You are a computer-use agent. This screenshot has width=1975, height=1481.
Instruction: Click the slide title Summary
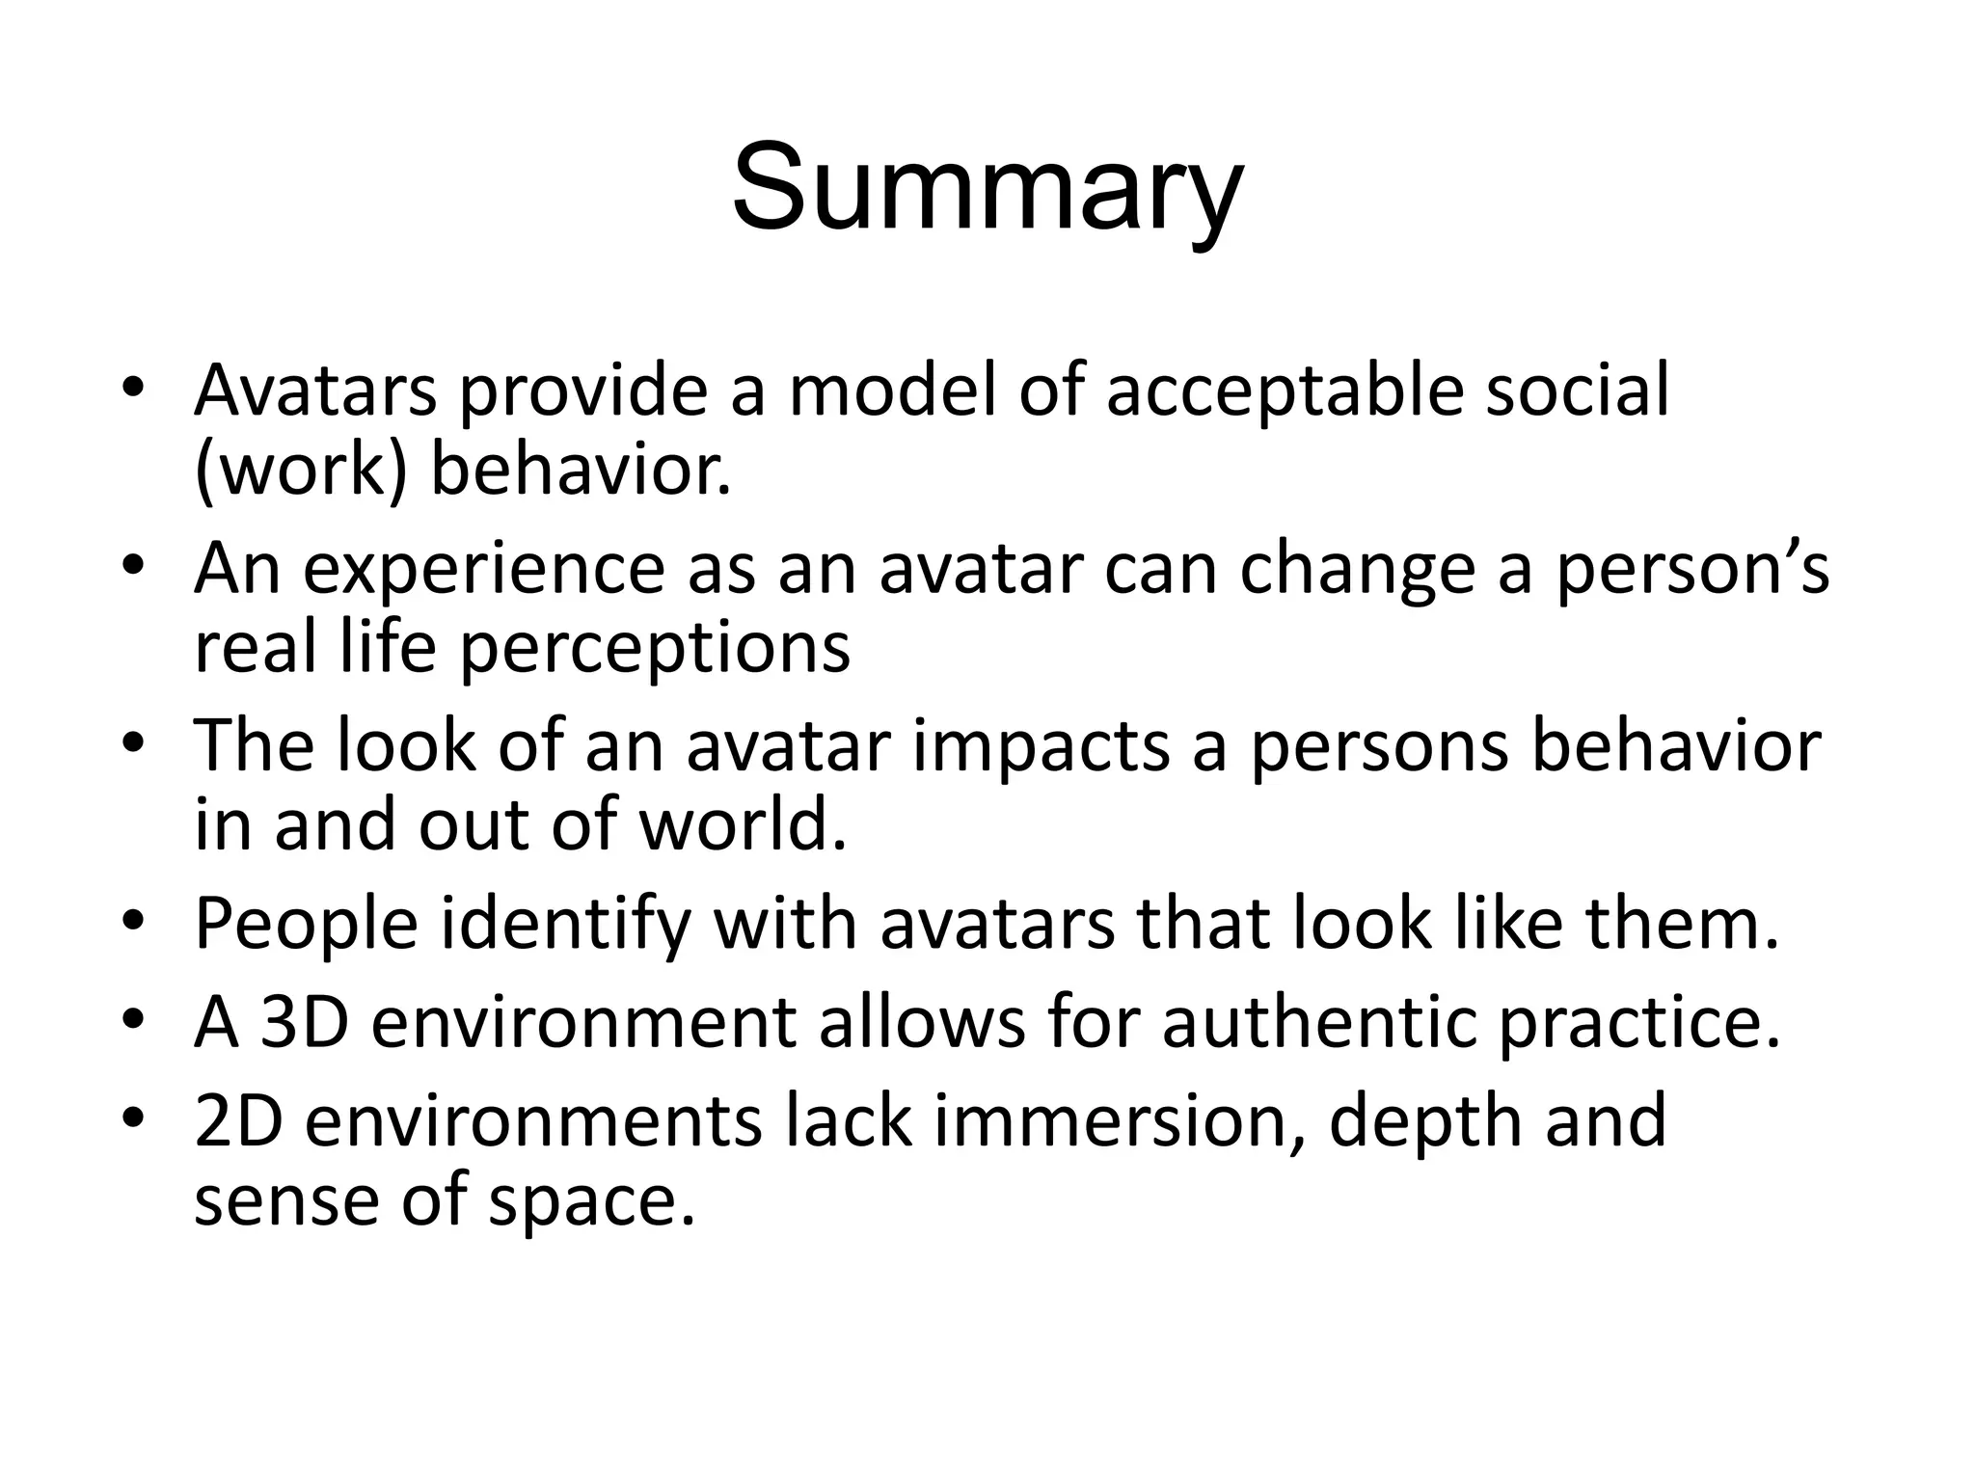tap(987, 188)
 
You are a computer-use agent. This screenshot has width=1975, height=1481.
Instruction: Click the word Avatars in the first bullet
tap(315, 390)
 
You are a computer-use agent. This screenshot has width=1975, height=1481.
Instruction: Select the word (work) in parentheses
tap(300, 471)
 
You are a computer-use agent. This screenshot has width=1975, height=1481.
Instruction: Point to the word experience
tap(484, 570)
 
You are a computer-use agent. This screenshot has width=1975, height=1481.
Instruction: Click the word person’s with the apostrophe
tap(1692, 570)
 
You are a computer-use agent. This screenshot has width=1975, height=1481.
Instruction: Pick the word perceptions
tap(655, 649)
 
